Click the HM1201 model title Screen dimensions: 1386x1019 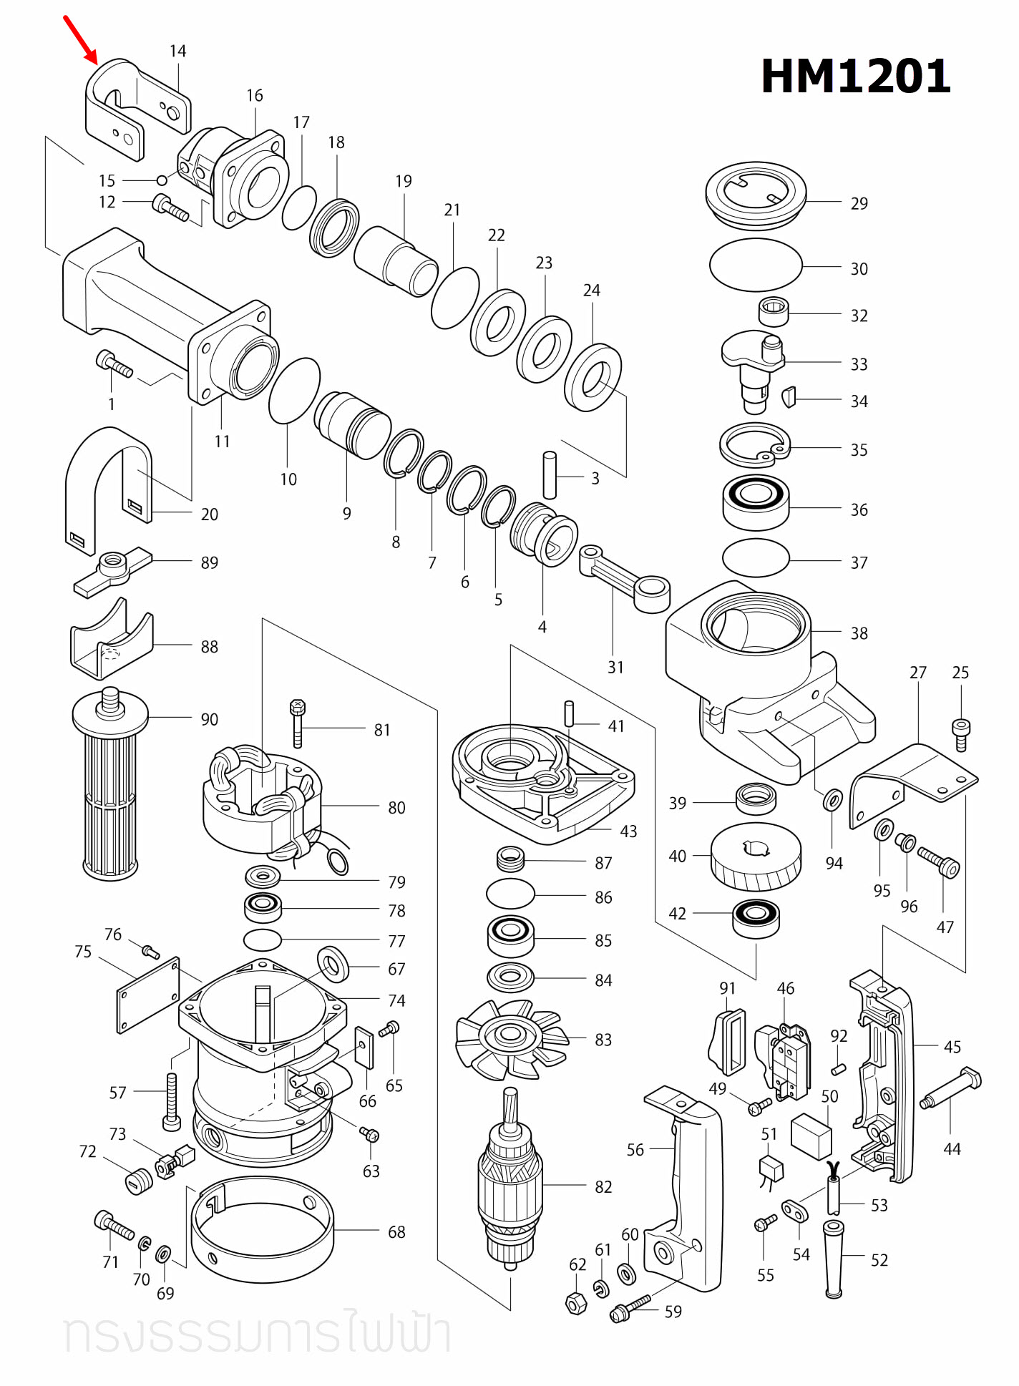click(x=855, y=76)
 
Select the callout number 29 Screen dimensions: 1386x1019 click(x=859, y=203)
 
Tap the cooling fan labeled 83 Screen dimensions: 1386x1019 click(x=511, y=1038)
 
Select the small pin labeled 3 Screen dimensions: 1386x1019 click(x=550, y=475)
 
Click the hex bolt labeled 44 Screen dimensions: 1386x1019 click(x=951, y=1088)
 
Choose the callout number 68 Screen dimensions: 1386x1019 click(x=396, y=1231)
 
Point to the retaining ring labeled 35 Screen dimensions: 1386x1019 click(x=755, y=445)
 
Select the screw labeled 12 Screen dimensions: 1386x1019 click(x=170, y=208)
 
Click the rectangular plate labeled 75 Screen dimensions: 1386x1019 click(x=148, y=995)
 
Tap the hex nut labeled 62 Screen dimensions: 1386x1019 click(x=576, y=1303)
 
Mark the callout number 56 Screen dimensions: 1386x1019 click(x=635, y=1150)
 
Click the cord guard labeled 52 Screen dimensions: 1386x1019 click(x=834, y=1259)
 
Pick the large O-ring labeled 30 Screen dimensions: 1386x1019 click(x=756, y=265)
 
